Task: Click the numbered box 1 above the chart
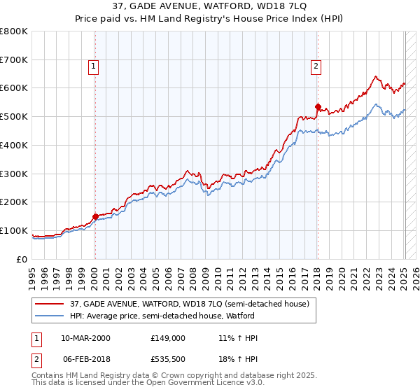[94, 67]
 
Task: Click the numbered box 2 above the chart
[316, 67]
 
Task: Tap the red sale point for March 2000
[95, 216]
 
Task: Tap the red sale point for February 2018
[318, 107]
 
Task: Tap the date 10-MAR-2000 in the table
[85, 338]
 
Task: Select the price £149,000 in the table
[167, 338]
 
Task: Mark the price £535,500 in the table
[167, 359]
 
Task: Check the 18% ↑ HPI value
[238, 359]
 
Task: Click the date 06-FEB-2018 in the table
[85, 359]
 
